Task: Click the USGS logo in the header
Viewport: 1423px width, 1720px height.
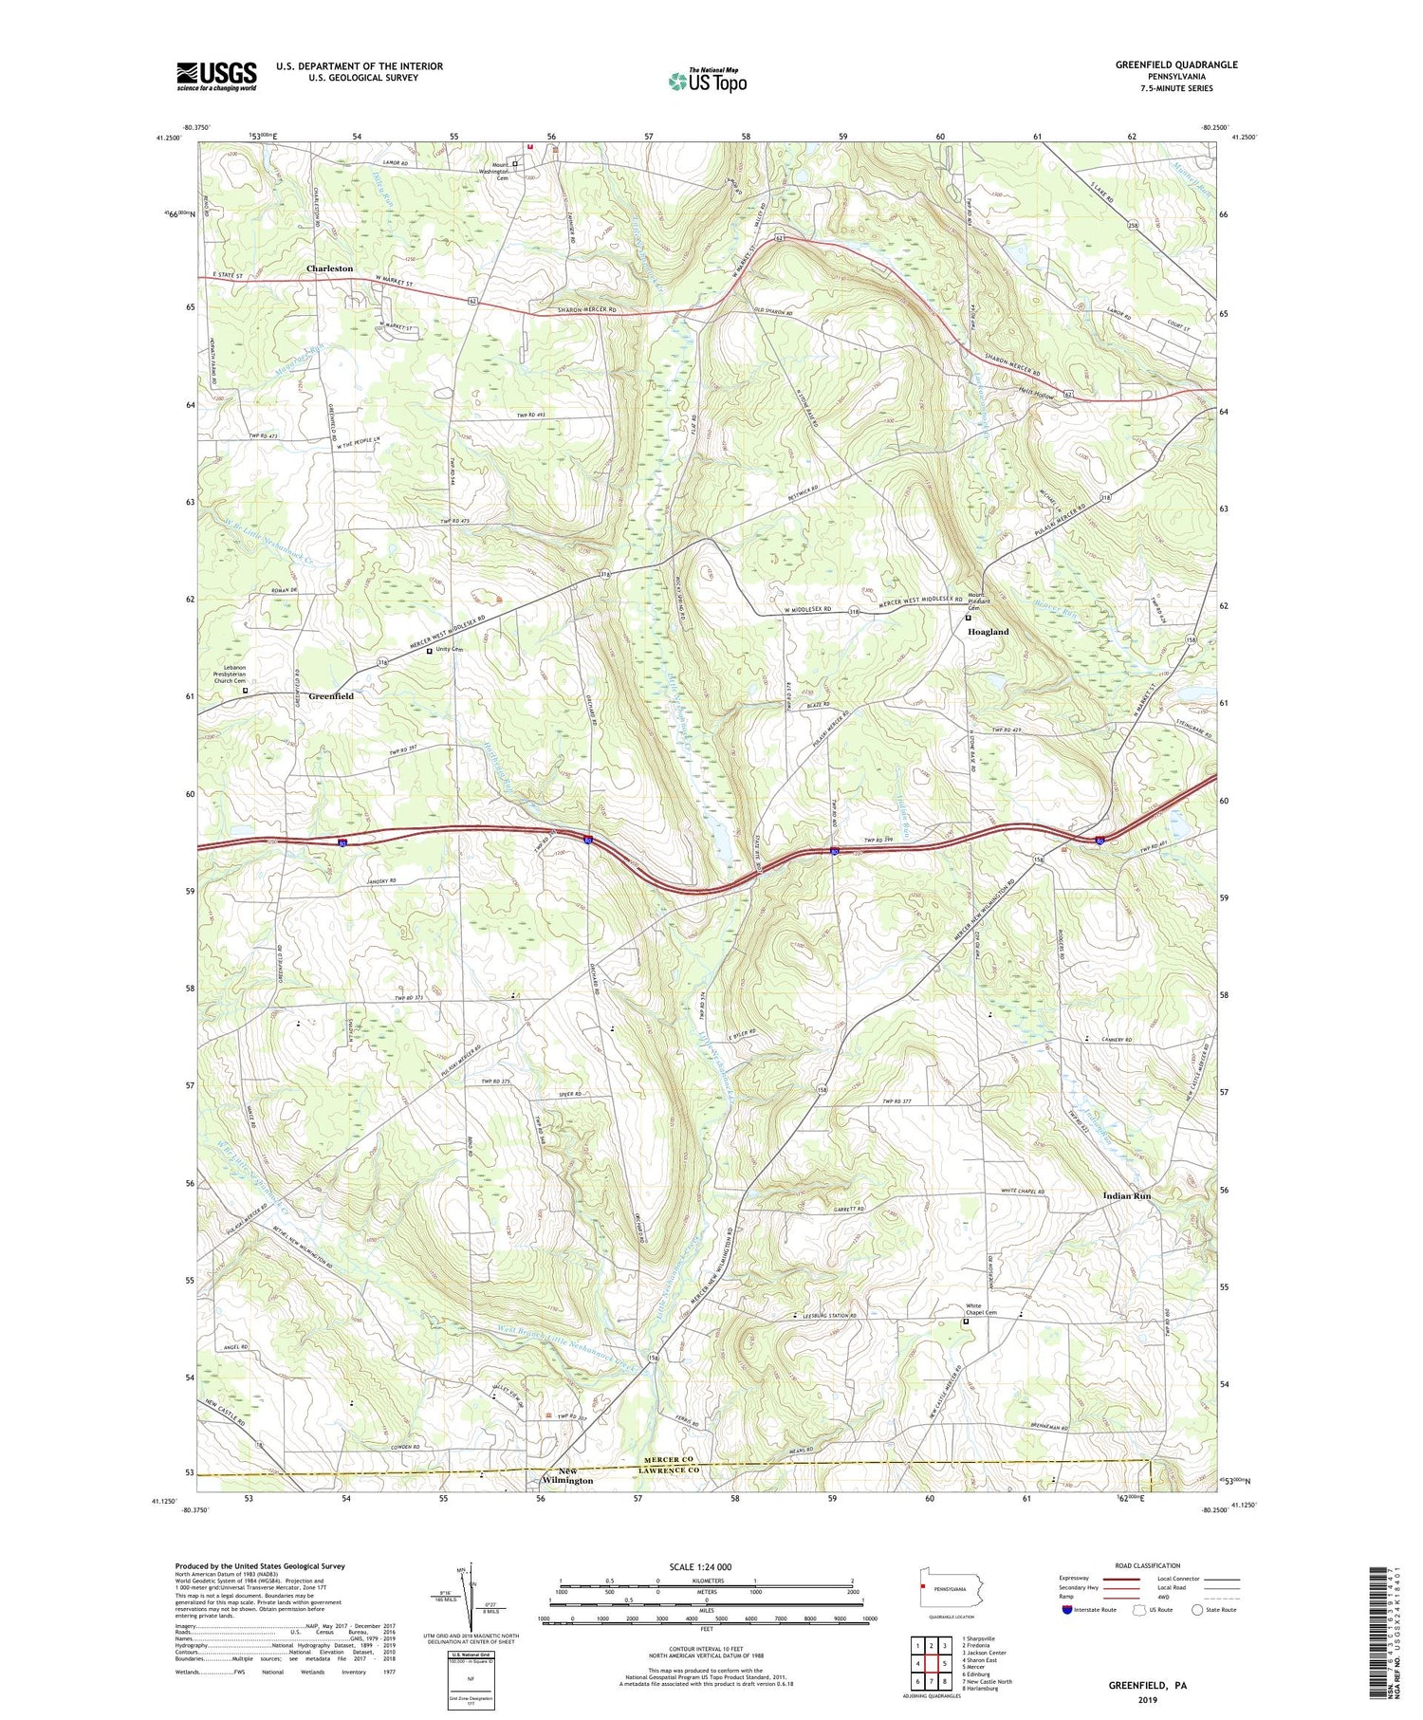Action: (216, 76)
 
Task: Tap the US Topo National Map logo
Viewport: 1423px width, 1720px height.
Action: (708, 80)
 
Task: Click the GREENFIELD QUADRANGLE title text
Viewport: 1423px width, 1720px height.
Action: (1176, 65)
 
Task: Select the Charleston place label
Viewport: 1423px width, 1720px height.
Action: (329, 268)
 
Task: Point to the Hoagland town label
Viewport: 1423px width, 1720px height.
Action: (988, 631)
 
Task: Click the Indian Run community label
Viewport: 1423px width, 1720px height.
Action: (1127, 1196)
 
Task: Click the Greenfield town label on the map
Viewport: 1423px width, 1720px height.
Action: (331, 696)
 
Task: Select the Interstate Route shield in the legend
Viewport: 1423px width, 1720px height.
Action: (1068, 1610)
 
